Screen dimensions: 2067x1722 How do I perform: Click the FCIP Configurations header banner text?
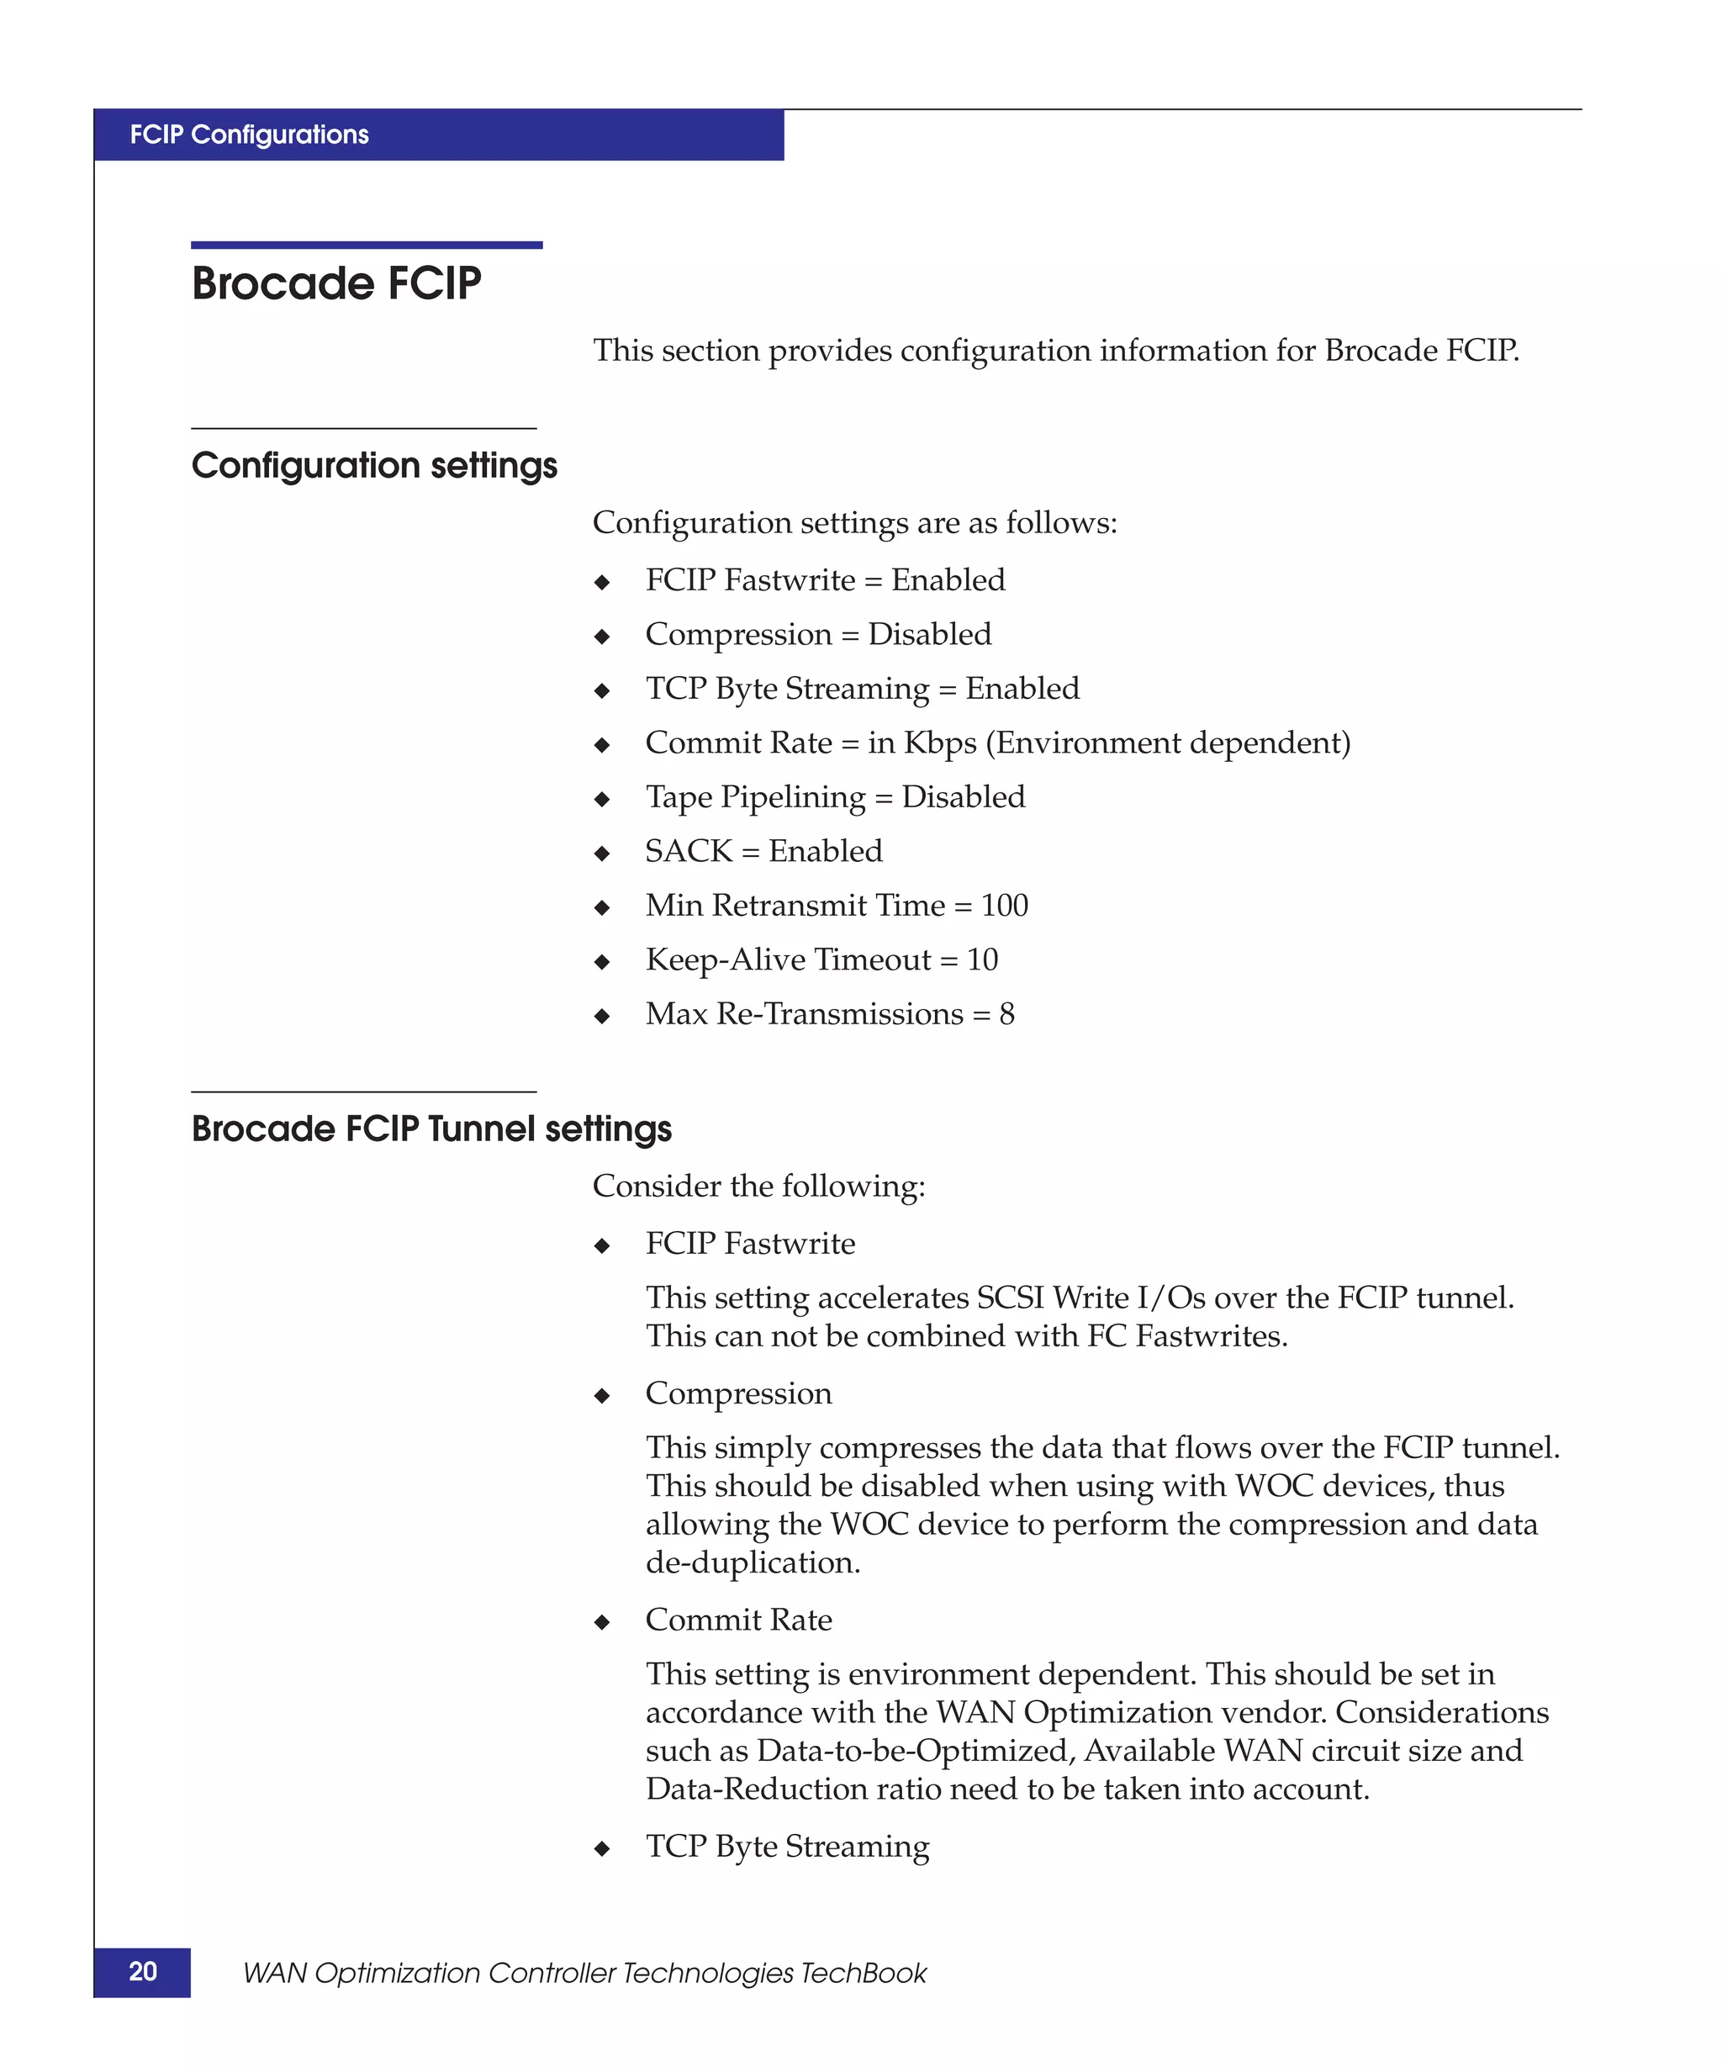pyautogui.click(x=249, y=135)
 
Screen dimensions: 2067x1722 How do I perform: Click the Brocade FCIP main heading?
pyautogui.click(x=335, y=283)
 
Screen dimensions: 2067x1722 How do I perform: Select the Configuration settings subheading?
pyautogui.click(x=374, y=466)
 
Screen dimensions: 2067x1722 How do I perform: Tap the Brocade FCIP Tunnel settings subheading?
pyautogui.click(x=431, y=1129)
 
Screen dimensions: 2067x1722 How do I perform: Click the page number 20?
pyautogui.click(x=143, y=1971)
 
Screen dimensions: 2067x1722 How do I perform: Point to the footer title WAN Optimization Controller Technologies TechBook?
pyautogui.click(x=584, y=1974)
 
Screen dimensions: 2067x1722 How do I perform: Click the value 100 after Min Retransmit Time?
pyautogui.click(x=1004, y=906)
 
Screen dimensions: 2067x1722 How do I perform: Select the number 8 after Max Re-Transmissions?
pyautogui.click(x=1006, y=1014)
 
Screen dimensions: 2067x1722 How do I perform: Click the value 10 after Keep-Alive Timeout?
pyautogui.click(x=982, y=959)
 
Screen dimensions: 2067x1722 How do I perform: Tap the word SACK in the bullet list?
pyautogui.click(x=689, y=851)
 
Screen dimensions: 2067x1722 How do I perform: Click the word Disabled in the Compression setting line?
pyautogui.click(x=929, y=635)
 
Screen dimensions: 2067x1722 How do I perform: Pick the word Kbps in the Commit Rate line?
pyautogui.click(x=940, y=743)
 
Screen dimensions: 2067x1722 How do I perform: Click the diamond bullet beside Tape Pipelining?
pyautogui.click(x=602, y=799)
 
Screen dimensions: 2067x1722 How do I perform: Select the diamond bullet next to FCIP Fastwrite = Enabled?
pyautogui.click(x=602, y=583)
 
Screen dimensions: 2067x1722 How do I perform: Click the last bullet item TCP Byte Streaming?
pyautogui.click(x=787, y=1847)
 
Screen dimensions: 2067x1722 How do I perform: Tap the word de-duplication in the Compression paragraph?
pyautogui.click(x=752, y=1563)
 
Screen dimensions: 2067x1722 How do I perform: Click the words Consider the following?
pyautogui.click(x=758, y=1186)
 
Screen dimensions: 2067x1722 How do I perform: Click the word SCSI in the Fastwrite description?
pyautogui.click(x=1010, y=1298)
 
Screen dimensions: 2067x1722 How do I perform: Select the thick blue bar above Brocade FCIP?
pyautogui.click(x=366, y=245)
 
